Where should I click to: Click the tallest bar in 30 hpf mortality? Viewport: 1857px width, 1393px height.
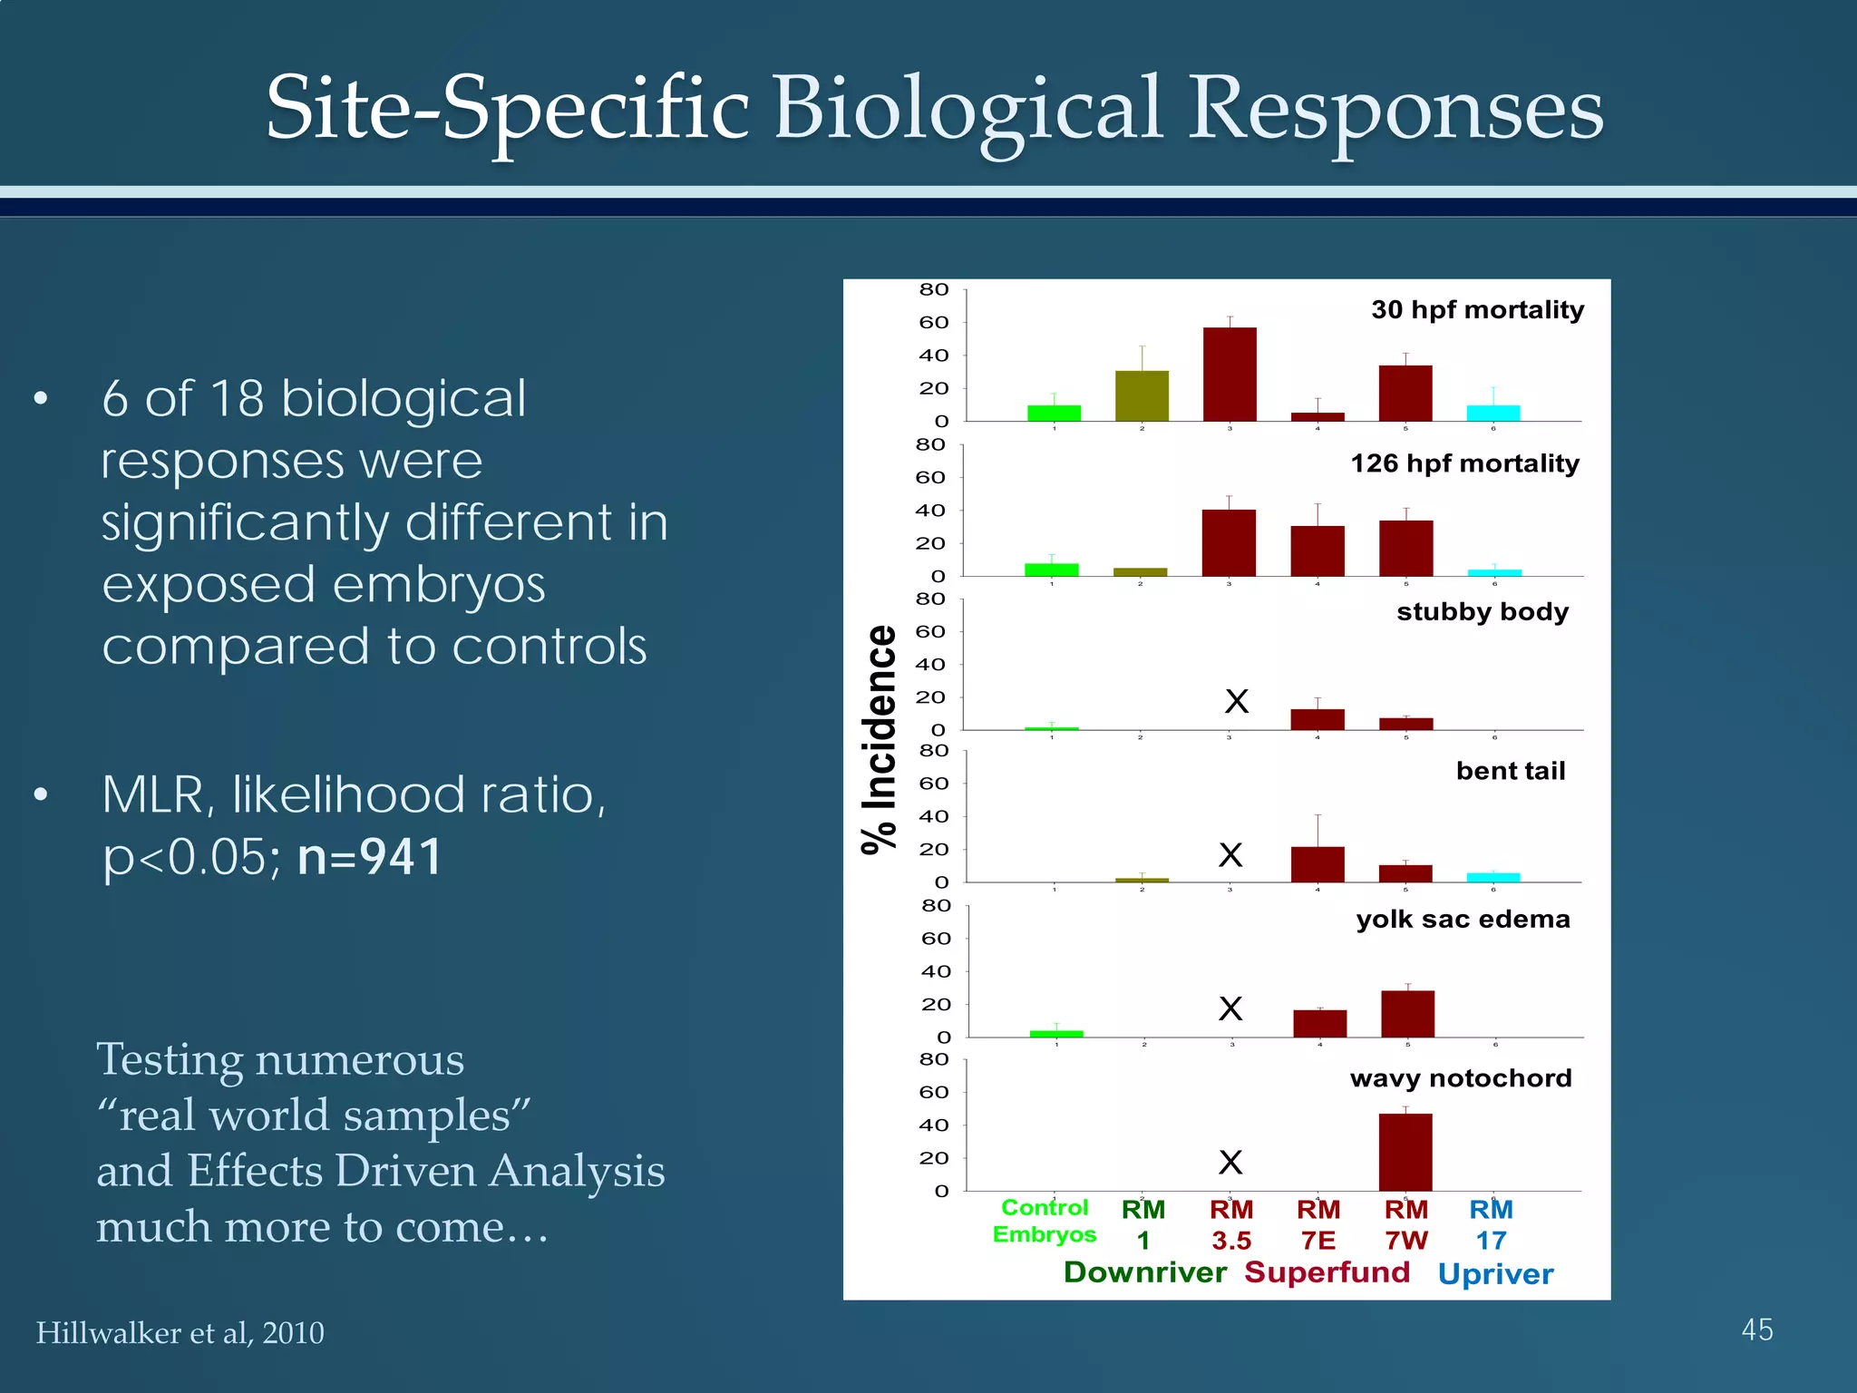click(1230, 374)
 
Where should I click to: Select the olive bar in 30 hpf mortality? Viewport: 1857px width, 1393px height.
click(1142, 395)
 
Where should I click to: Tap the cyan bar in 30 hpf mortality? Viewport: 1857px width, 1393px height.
click(1492, 413)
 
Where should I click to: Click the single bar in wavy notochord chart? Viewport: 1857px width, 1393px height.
click(1405, 1152)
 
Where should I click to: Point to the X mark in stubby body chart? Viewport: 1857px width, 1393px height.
click(1237, 701)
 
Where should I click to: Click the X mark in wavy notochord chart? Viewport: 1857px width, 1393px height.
click(1230, 1162)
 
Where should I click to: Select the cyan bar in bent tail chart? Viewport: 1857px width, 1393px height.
click(1492, 877)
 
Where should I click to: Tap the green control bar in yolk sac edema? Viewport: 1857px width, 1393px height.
click(1056, 1033)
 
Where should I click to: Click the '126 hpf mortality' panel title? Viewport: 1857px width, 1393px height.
click(1464, 463)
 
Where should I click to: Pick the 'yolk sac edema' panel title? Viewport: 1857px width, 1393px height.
click(1463, 920)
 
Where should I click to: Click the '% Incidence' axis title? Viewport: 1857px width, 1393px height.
click(878, 739)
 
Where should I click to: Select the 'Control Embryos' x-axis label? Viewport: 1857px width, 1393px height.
click(1045, 1221)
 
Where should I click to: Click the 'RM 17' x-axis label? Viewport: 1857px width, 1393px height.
click(1491, 1224)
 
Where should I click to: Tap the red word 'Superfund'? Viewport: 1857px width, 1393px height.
click(1327, 1272)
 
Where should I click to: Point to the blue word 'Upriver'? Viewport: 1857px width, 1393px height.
click(1495, 1274)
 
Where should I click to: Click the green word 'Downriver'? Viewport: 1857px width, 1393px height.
click(1144, 1272)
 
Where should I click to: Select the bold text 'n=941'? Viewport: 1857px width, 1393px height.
click(370, 856)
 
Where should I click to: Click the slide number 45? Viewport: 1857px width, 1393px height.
click(1756, 1330)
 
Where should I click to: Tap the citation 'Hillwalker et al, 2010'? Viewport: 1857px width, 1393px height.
click(180, 1332)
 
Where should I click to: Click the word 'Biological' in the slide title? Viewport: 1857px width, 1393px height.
click(967, 111)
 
